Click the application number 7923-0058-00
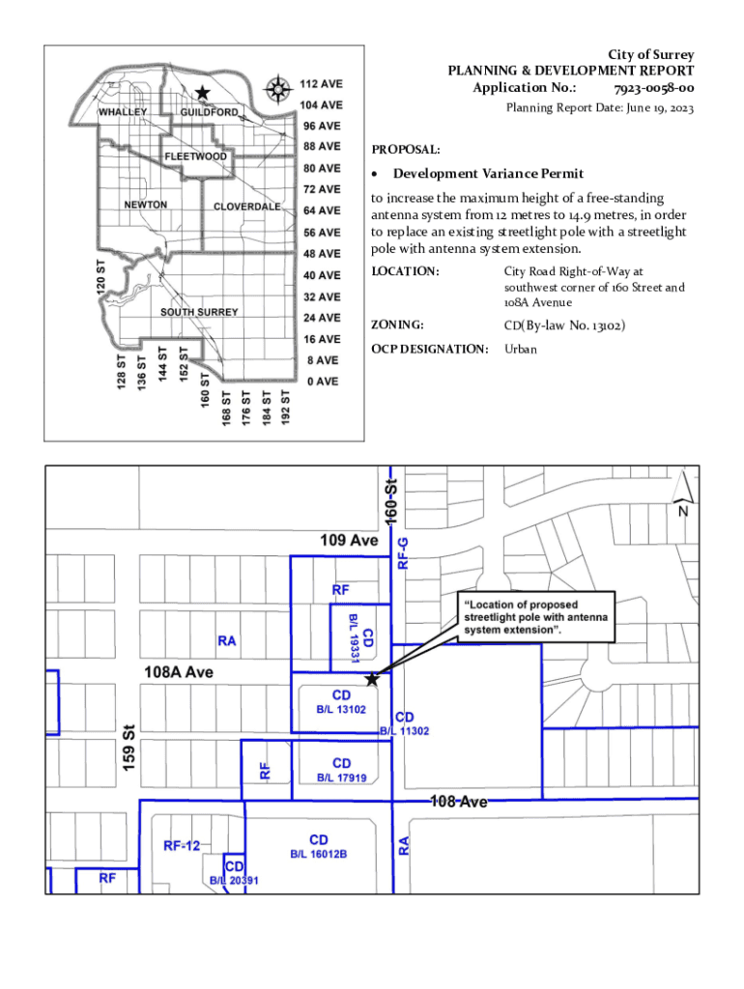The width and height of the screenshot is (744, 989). (x=653, y=88)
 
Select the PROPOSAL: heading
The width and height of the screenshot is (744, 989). (x=406, y=150)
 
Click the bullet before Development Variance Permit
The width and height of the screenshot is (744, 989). (x=376, y=175)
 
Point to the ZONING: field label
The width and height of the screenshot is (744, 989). (x=399, y=325)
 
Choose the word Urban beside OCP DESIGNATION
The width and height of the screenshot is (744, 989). (x=520, y=348)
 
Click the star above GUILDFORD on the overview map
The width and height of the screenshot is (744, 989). (x=202, y=93)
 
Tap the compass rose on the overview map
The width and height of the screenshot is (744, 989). (x=278, y=90)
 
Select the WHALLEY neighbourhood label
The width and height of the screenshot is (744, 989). (x=124, y=112)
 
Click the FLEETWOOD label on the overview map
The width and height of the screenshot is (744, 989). (x=196, y=156)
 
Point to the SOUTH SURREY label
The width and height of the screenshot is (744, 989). (x=199, y=312)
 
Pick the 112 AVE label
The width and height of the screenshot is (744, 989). (x=320, y=84)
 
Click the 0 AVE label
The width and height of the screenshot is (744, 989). (x=322, y=381)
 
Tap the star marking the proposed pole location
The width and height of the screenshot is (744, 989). (x=372, y=679)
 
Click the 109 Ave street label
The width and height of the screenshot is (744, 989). (x=349, y=540)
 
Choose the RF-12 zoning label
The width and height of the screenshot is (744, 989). (x=182, y=846)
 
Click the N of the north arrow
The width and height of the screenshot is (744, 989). (x=683, y=511)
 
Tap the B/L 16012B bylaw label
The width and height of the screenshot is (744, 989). (x=319, y=855)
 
